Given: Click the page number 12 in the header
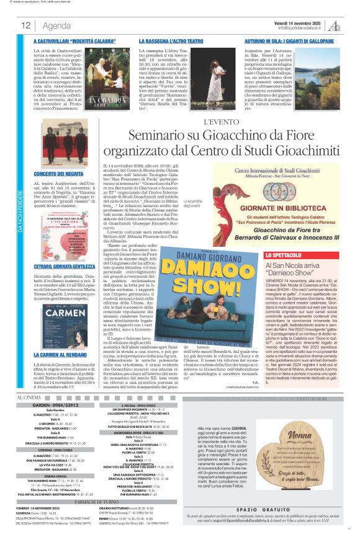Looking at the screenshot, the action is [26, 25].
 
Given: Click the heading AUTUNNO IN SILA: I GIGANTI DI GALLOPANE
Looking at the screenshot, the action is [289, 40].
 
